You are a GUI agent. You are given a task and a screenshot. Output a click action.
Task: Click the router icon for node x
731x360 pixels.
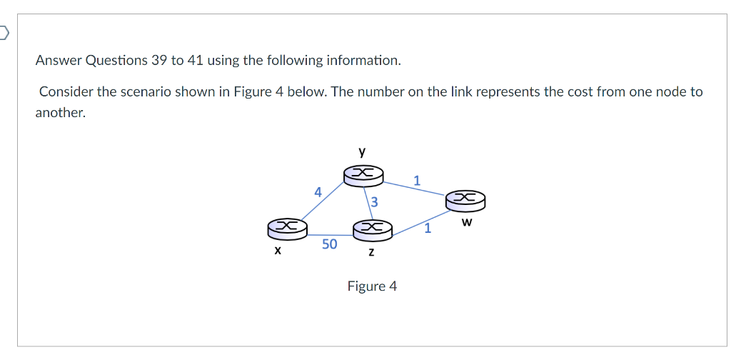(287, 228)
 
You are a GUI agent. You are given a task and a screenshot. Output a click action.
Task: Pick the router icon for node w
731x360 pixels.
(465, 199)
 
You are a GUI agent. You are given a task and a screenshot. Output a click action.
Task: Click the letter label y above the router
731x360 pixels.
(363, 151)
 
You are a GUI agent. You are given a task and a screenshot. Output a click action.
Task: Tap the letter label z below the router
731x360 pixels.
(372, 253)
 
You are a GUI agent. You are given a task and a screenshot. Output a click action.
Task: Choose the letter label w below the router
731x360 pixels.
(467, 222)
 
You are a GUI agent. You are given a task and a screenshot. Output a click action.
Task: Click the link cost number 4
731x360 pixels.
(318, 191)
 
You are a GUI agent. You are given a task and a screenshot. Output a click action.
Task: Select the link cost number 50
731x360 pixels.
(329, 244)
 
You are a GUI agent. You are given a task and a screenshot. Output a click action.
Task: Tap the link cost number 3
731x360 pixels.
(373, 204)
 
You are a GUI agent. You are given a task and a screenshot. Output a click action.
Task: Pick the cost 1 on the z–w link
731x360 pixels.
(427, 229)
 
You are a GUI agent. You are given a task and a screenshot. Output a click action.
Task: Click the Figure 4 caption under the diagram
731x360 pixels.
(372, 286)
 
